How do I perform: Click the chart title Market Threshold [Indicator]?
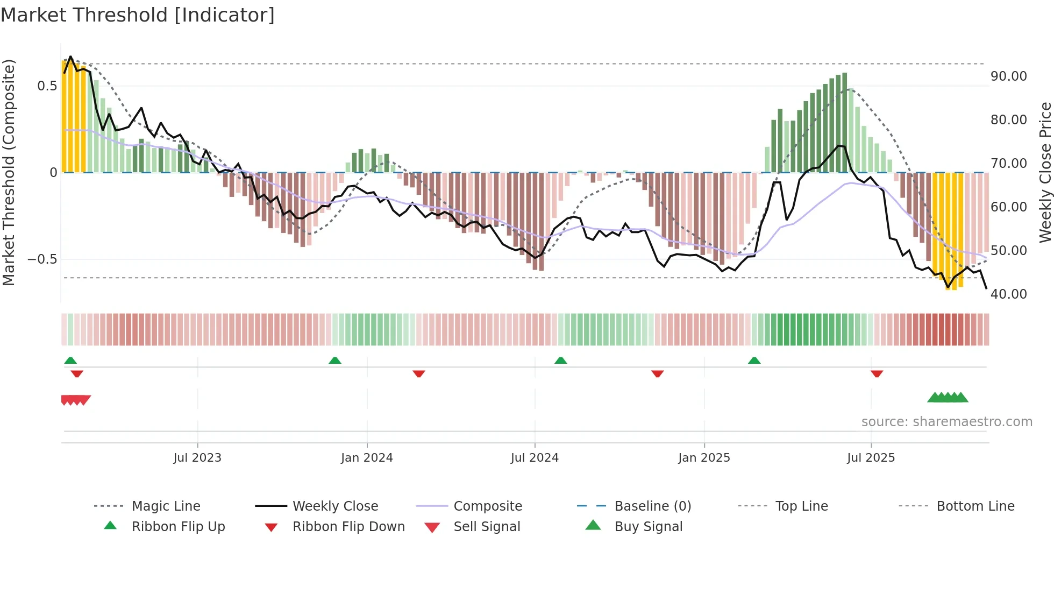tap(138, 15)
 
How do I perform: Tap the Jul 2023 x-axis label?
tap(197, 458)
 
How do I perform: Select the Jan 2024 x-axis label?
tap(367, 458)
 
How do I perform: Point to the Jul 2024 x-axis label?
tap(535, 458)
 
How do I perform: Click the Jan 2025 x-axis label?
tap(704, 458)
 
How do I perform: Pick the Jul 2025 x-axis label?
tap(871, 458)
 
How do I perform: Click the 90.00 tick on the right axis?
tap(1008, 76)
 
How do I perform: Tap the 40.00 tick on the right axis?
tap(1008, 294)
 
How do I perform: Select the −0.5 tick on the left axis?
tap(42, 259)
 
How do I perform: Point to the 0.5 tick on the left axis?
tap(47, 86)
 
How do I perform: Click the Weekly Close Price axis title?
tap(1045, 172)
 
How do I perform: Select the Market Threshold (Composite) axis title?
tap(9, 172)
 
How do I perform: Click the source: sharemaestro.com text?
tap(946, 422)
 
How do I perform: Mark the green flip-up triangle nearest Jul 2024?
tap(561, 361)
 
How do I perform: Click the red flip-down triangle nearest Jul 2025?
tap(877, 373)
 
